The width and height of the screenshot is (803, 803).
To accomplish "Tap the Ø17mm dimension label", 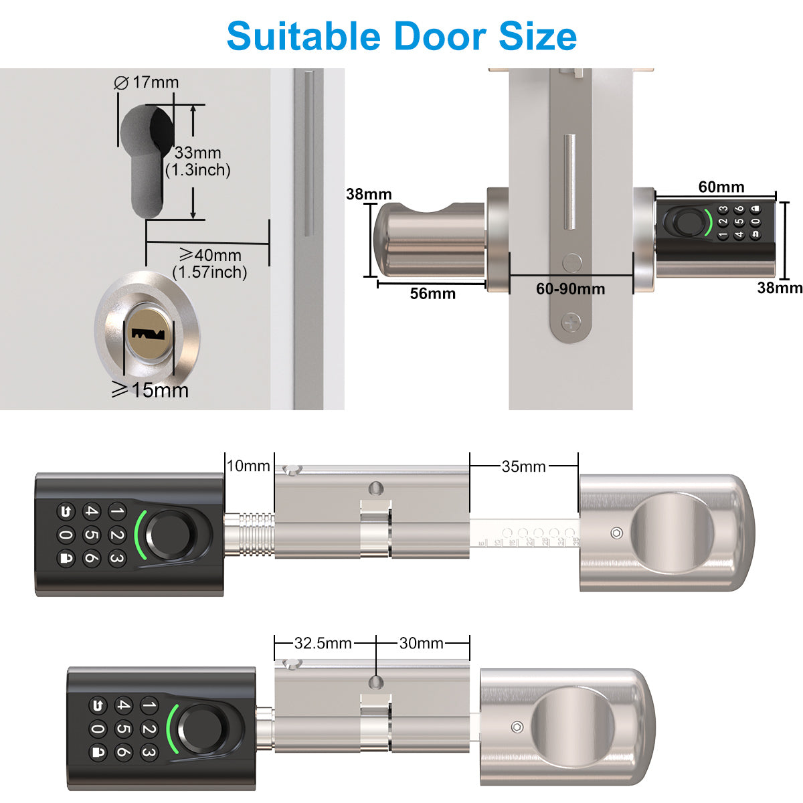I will (147, 82).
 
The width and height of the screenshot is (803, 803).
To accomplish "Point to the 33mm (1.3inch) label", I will (198, 161).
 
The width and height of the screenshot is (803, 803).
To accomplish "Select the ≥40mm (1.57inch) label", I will (210, 263).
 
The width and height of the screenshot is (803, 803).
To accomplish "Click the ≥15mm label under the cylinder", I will (150, 390).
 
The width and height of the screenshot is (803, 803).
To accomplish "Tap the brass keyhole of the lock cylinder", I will (148, 333).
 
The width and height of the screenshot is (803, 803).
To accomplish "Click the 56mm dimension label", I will (432, 293).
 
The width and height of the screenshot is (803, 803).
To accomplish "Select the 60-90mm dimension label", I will (570, 288).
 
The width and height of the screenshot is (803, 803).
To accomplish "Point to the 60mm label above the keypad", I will (721, 187).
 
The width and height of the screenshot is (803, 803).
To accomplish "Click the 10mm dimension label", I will (248, 466).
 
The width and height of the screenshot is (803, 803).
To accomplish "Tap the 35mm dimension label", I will (523, 466).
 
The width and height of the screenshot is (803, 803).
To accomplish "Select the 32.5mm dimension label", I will (323, 643).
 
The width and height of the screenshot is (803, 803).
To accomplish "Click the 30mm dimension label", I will (421, 643).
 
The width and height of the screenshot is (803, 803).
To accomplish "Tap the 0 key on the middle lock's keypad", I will (66, 535).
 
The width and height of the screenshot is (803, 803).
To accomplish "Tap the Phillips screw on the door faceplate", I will (571, 322).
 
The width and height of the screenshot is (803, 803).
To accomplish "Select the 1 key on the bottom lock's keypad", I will (149, 705).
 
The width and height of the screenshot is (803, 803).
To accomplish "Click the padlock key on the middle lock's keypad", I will (66, 557).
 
